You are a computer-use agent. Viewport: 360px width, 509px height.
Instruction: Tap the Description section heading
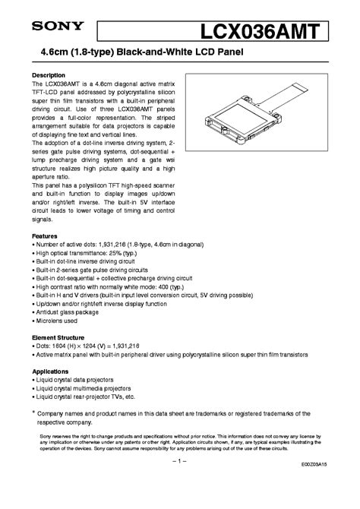pos(49,76)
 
